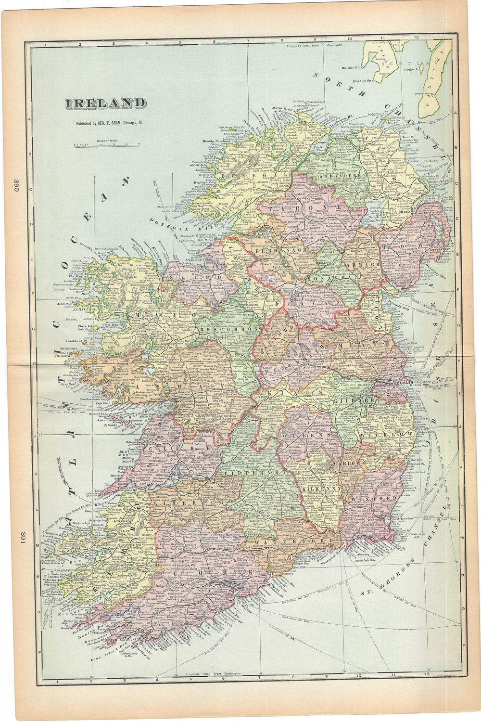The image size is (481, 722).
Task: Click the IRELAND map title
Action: click(106, 103)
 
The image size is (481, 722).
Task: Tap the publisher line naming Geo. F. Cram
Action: click(109, 123)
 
